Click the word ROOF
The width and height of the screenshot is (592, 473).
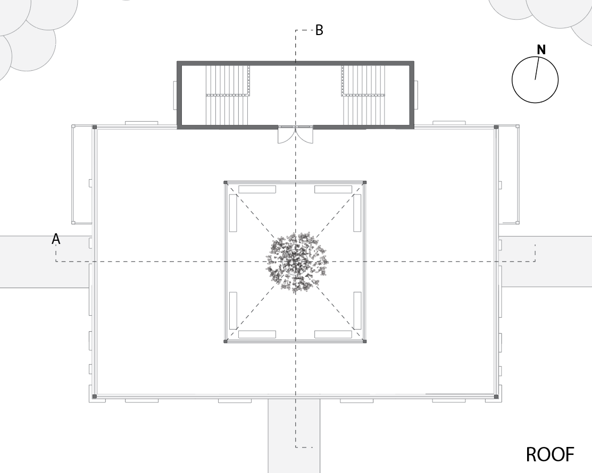point(550,454)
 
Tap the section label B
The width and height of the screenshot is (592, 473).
point(319,30)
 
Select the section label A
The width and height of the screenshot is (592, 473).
point(56,239)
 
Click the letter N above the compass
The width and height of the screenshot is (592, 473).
point(541,50)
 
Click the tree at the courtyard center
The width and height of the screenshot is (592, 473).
point(297,263)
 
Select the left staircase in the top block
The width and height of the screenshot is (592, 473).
point(228,95)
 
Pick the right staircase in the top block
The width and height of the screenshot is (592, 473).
point(364,95)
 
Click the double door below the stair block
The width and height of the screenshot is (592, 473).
point(296,134)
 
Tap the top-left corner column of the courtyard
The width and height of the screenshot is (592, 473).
point(226,183)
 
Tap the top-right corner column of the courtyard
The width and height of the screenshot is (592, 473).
point(365,183)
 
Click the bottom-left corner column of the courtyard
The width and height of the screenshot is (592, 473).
point(226,341)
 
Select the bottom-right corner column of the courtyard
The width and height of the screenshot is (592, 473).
point(365,341)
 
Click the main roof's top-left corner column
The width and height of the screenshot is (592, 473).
point(95,128)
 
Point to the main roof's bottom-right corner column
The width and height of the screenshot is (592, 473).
point(496,396)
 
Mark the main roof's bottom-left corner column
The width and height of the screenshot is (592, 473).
point(95,396)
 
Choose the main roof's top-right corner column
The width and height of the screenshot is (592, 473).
point(496,128)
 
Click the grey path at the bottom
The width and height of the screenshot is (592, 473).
point(294,436)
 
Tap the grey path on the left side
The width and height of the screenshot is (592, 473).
point(45,262)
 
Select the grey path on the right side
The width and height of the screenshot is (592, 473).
point(546,262)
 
